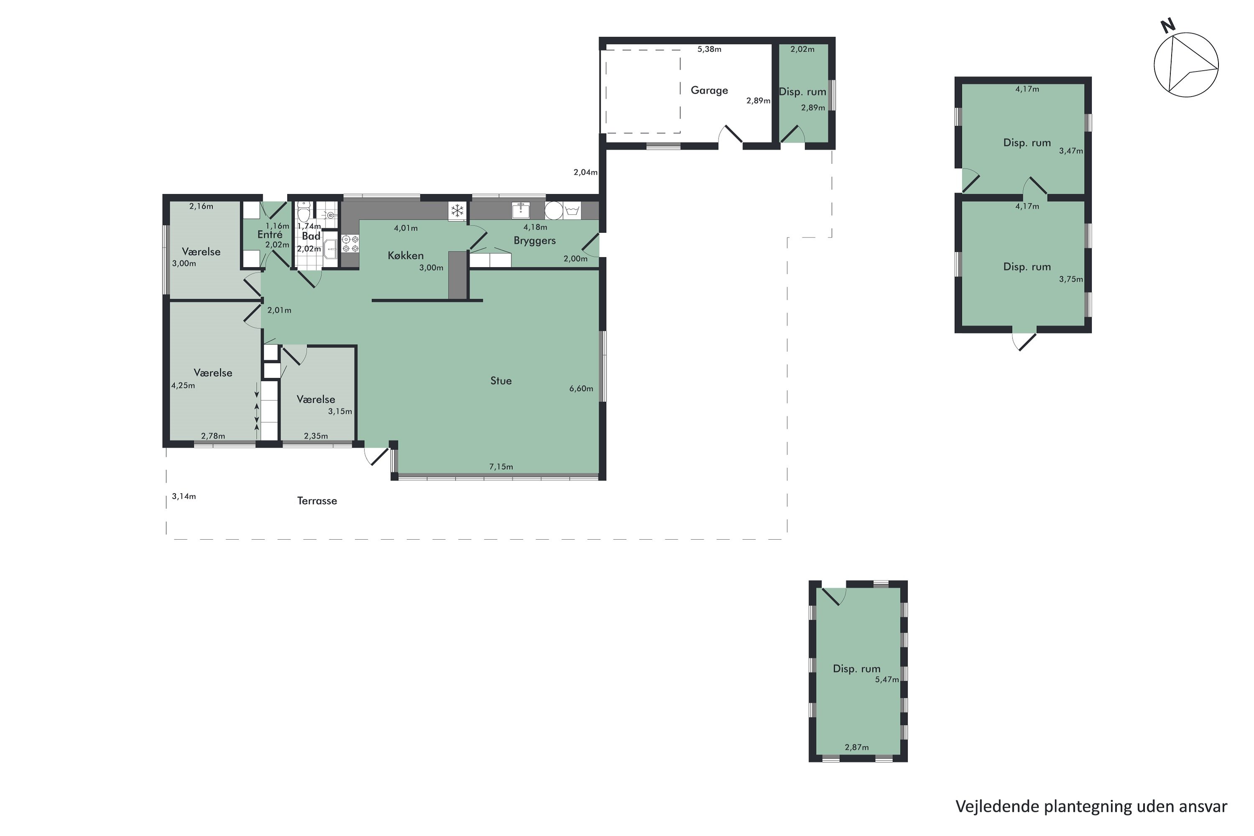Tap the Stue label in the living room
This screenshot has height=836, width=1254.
[501, 381]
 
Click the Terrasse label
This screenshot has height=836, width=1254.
[317, 501]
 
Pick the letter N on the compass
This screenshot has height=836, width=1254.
[1167, 25]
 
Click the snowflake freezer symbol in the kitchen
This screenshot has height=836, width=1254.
[457, 211]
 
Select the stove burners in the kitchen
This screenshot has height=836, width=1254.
[350, 244]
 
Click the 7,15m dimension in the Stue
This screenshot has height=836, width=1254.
[501, 467]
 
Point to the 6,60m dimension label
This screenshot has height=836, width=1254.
[581, 389]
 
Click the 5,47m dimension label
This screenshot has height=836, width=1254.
[887, 680]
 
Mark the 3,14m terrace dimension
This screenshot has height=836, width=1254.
[184, 497]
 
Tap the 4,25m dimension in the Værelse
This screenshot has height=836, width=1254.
[183, 385]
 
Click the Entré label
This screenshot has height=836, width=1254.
[270, 234]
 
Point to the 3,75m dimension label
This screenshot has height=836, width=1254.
[1070, 279]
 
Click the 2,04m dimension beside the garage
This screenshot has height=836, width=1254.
[586, 172]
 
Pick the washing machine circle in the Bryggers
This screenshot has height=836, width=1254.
[554, 211]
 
